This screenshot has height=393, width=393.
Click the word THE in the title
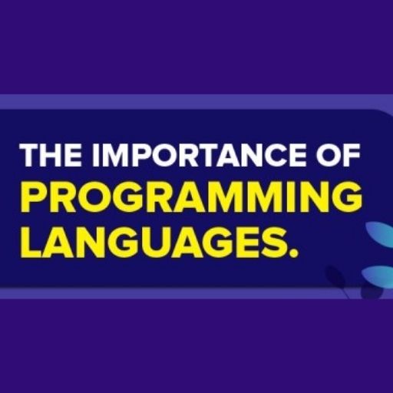pyautogui.click(x=51, y=155)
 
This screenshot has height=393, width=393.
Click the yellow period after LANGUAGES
pyautogui.click(x=292, y=253)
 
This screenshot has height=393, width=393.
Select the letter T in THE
pyautogui.click(x=31, y=155)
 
